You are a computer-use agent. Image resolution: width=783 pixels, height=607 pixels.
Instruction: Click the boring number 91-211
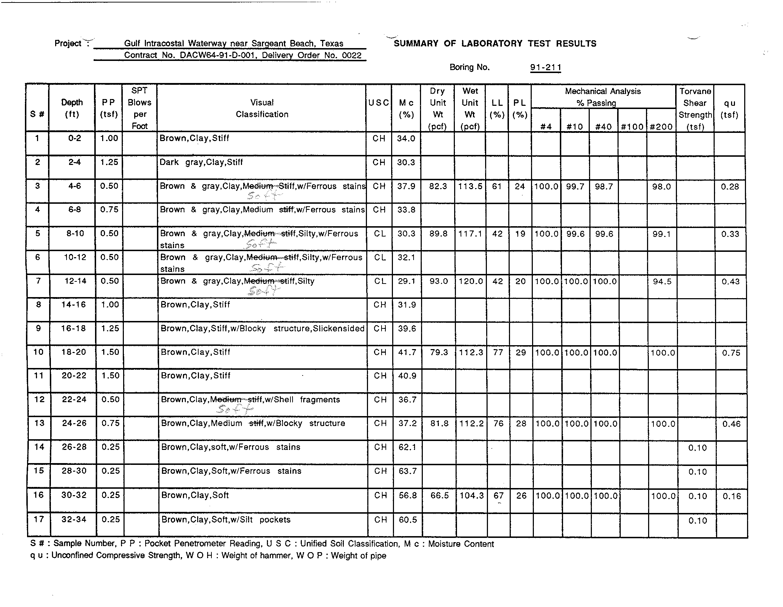click(x=545, y=67)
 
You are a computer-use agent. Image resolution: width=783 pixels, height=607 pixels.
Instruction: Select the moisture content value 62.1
click(x=407, y=447)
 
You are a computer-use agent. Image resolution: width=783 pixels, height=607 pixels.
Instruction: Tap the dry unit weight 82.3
click(x=438, y=186)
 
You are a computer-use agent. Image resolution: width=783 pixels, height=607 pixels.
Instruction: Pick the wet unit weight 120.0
click(x=471, y=281)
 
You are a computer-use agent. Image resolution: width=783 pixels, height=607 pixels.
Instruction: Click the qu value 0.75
click(x=731, y=353)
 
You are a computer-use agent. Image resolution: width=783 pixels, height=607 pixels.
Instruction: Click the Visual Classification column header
click(x=262, y=108)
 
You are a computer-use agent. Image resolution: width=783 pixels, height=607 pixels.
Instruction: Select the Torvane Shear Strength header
click(x=695, y=109)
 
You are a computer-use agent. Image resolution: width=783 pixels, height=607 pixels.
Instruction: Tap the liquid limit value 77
click(x=498, y=352)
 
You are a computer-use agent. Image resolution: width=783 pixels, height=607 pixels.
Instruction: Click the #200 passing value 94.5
click(x=662, y=282)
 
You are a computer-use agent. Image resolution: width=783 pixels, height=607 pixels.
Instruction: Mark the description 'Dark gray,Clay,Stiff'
click(x=201, y=162)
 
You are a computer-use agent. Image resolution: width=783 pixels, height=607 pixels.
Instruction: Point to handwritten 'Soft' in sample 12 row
click(x=235, y=409)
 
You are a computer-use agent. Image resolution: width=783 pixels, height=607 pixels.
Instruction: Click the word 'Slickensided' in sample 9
click(x=338, y=328)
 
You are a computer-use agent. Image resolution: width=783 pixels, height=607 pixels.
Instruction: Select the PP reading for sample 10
click(x=110, y=352)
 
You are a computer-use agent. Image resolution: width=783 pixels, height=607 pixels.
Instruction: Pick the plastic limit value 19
click(x=520, y=234)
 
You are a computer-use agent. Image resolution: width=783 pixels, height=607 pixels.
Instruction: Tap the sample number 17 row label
click(x=38, y=519)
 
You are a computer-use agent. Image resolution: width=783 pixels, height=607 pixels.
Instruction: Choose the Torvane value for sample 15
click(x=697, y=472)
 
